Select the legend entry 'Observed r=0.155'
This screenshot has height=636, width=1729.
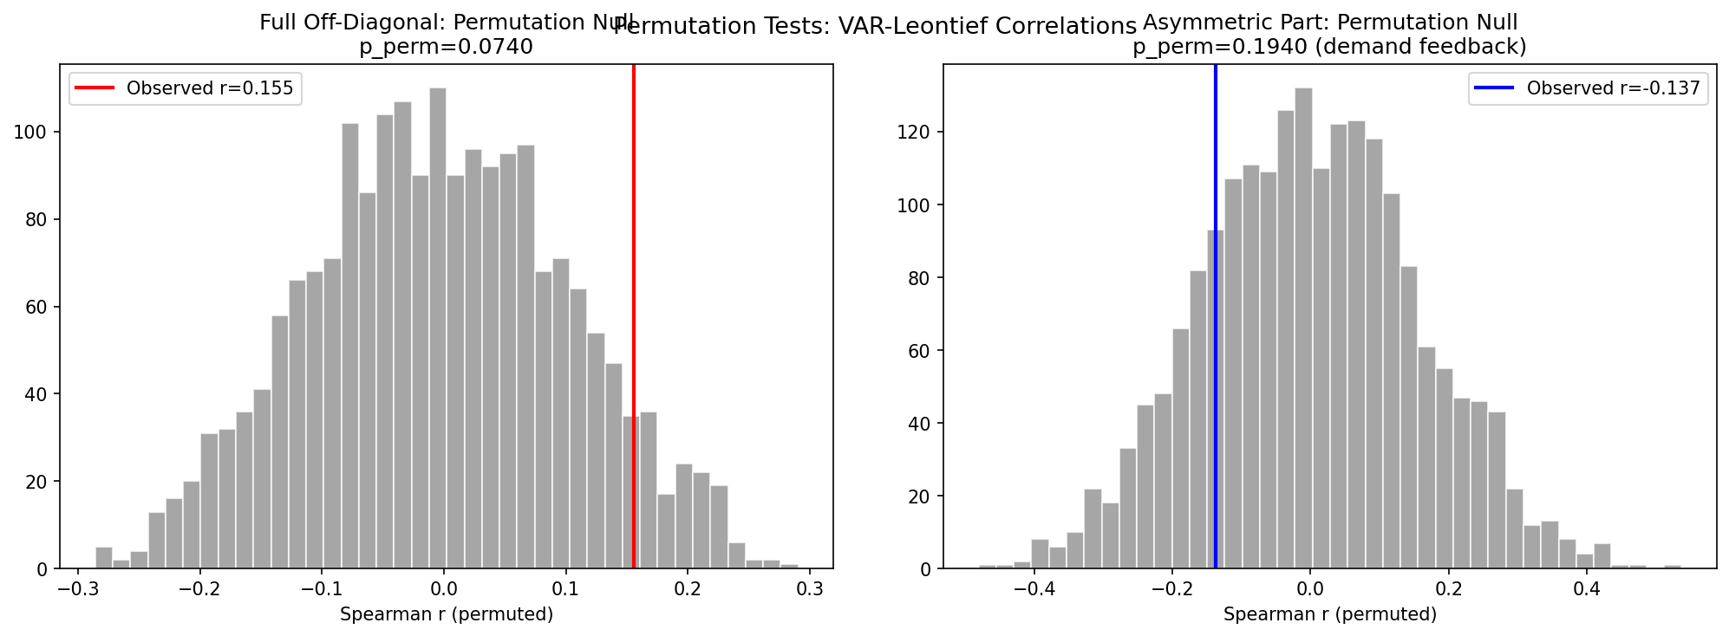coord(209,88)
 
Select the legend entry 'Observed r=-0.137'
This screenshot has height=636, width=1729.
coord(1613,88)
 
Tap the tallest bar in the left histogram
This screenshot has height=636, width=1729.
coord(438,329)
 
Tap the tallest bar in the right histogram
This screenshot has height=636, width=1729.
coord(1303,329)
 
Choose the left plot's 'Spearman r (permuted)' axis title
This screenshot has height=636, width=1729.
coord(446,615)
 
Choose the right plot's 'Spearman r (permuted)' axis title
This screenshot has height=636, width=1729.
coord(1329,615)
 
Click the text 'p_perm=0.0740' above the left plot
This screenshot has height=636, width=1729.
coord(446,47)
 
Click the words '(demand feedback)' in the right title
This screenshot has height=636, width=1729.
coord(1420,47)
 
